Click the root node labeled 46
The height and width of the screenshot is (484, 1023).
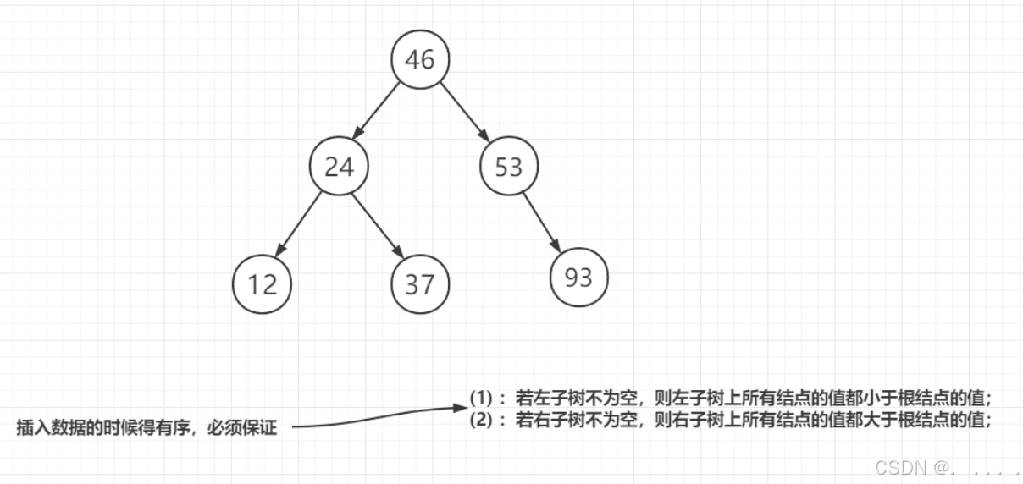[x=420, y=59]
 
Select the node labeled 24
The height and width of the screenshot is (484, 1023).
[x=339, y=167]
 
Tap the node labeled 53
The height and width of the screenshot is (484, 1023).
[x=509, y=167]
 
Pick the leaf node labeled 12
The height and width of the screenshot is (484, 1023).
[x=263, y=283]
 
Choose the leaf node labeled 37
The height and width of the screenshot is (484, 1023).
[x=420, y=283]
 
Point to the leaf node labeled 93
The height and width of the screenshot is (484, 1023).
[x=578, y=277]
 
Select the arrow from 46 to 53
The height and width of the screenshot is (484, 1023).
[x=465, y=112]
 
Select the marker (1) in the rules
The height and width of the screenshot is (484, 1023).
[x=482, y=397]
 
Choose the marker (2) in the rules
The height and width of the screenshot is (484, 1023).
[x=482, y=418]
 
